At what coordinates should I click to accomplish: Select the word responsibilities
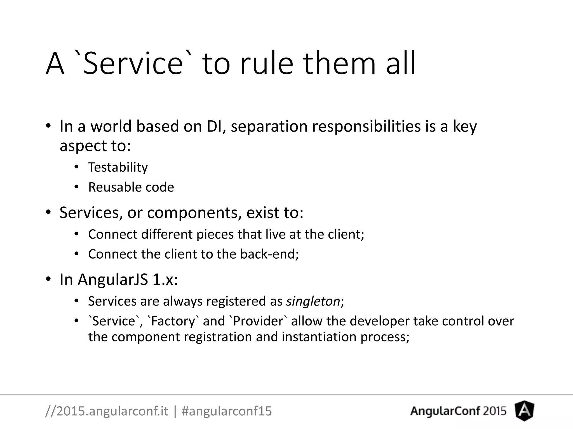[366, 126]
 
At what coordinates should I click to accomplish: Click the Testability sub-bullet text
[118, 167]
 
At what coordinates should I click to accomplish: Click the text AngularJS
[113, 279]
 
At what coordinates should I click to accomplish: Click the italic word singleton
[313, 301]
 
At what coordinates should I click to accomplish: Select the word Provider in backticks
[258, 321]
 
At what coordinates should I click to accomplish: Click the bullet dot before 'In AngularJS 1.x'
[48, 279]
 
